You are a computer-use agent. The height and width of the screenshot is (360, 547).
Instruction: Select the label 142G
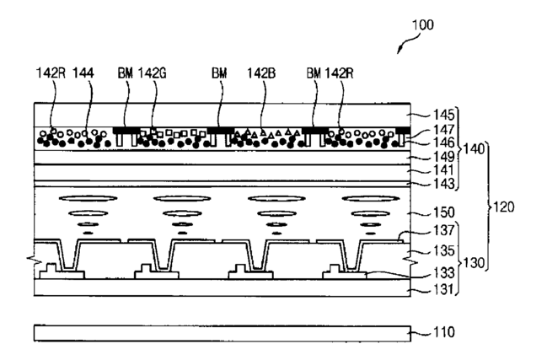153,73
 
